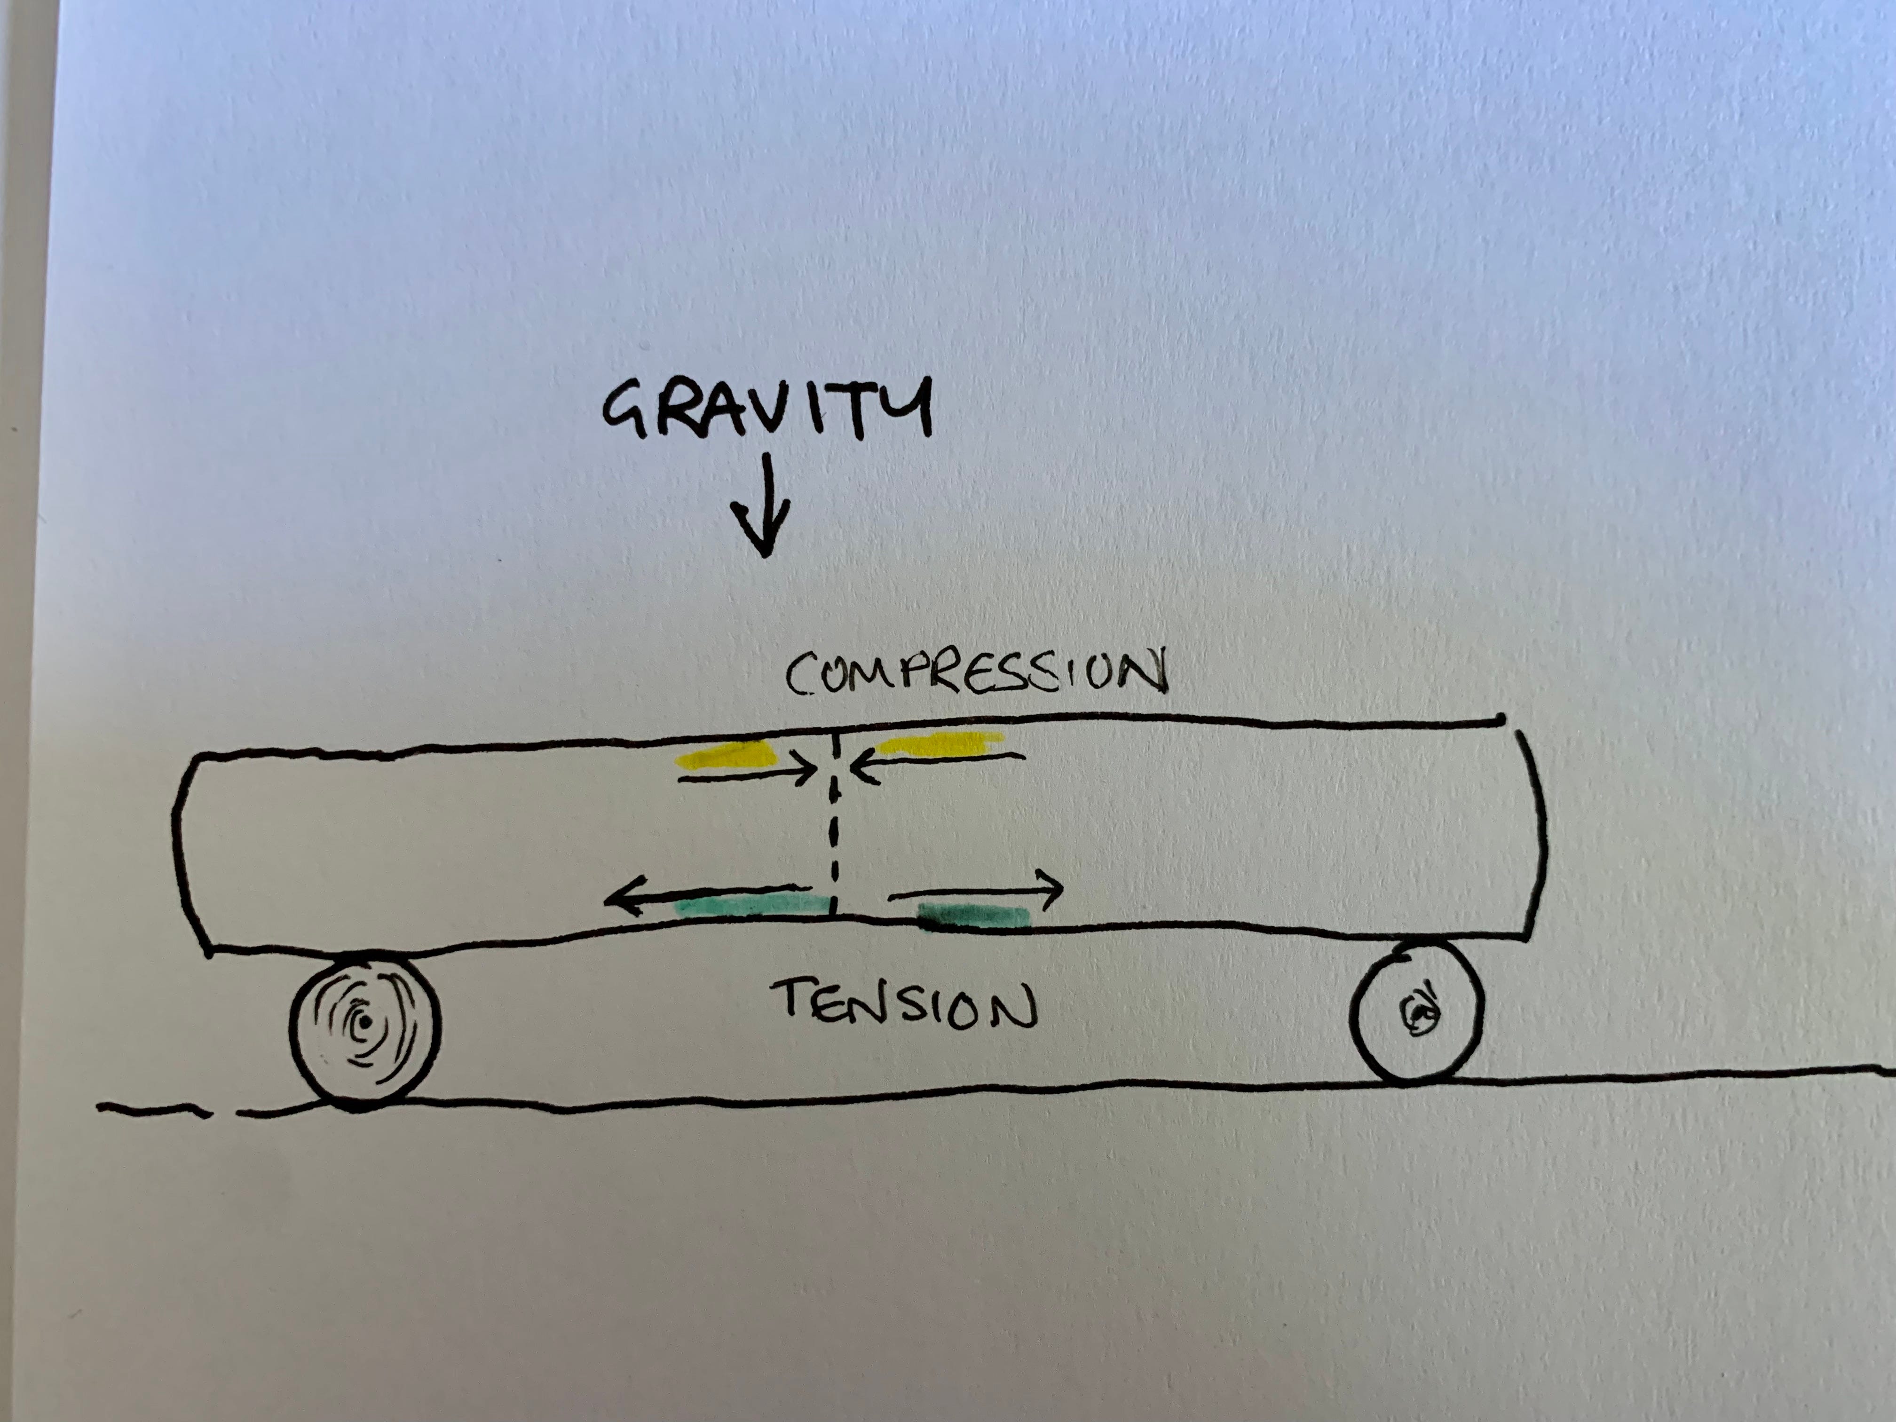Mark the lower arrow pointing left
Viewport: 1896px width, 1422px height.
click(707, 894)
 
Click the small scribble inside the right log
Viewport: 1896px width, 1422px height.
click(1420, 1013)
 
